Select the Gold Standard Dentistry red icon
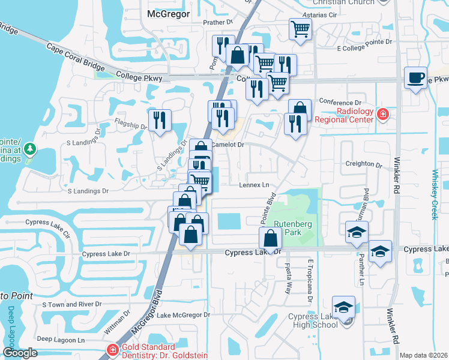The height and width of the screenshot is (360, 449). tap(112, 350)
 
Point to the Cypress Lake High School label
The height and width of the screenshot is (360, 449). tap(313, 320)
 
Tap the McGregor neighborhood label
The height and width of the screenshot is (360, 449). tap(168, 13)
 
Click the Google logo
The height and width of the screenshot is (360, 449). tap(20, 353)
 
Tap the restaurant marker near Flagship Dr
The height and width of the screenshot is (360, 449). tap(159, 119)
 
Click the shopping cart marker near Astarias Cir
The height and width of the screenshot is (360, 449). tap(300, 28)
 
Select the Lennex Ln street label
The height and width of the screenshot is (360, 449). tap(255, 185)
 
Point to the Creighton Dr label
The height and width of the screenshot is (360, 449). tap(364, 164)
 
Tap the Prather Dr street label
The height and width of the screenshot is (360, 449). tap(217, 22)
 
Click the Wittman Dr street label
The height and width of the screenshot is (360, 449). tap(124, 323)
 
